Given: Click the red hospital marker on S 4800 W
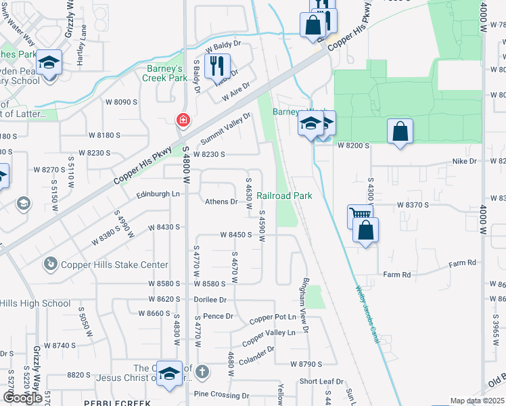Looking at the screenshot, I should click(x=183, y=121).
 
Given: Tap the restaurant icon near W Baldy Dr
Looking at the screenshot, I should click(x=217, y=66).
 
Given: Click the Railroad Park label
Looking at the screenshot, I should click(x=284, y=196).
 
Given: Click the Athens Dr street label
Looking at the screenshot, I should click(x=222, y=202).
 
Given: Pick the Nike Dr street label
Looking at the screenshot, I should click(x=464, y=162).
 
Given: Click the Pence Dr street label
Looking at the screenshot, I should click(x=218, y=315).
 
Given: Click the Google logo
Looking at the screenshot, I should click(x=22, y=398).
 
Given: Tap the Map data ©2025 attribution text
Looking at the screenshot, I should click(x=477, y=401).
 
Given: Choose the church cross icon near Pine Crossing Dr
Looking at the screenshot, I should click(x=202, y=371).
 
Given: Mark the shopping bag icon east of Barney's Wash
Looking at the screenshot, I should click(x=400, y=131).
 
